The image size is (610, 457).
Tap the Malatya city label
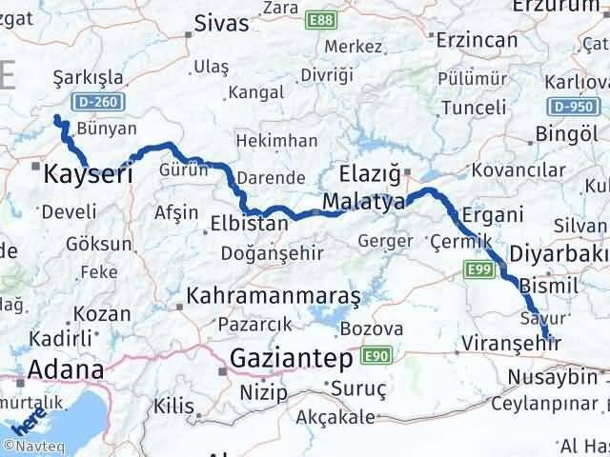[363, 202]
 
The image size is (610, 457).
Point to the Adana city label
[67, 369]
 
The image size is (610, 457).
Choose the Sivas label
[221, 23]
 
